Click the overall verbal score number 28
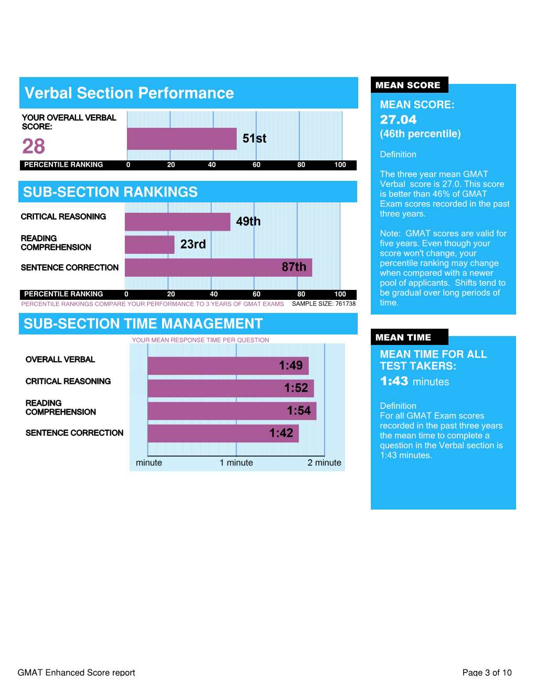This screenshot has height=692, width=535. [x=34, y=146]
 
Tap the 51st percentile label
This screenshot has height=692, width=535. [x=254, y=138]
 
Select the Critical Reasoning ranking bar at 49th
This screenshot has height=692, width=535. [x=177, y=222]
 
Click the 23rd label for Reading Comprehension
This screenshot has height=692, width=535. [x=193, y=244]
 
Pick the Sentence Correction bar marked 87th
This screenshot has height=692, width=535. [x=218, y=267]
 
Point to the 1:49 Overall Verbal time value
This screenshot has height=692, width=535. [x=291, y=365]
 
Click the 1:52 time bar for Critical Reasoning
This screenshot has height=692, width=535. [x=231, y=388]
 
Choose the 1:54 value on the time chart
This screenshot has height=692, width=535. [x=298, y=411]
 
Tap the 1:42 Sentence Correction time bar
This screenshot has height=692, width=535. [x=223, y=434]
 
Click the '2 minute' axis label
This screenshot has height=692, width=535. [x=324, y=463]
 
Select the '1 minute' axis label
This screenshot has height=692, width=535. [x=236, y=463]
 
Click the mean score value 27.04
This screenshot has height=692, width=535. [x=398, y=120]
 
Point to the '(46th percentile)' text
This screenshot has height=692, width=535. [x=420, y=134]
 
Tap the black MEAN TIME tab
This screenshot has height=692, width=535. [x=403, y=338]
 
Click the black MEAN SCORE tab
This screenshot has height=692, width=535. [x=408, y=85]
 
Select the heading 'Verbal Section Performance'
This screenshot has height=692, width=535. [x=130, y=93]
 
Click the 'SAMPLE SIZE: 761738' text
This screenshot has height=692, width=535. [x=324, y=304]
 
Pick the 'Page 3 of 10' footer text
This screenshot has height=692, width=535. [x=487, y=673]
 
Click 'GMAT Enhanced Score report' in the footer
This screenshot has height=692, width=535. [x=77, y=673]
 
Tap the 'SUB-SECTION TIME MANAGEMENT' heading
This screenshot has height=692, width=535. [x=143, y=324]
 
